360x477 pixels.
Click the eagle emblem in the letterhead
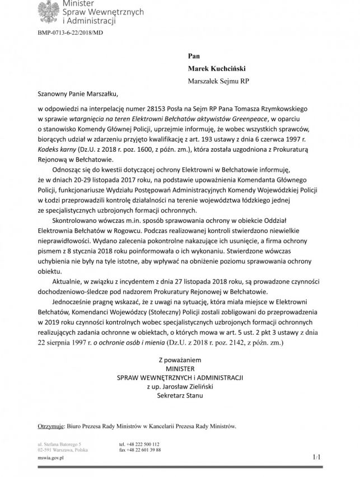(48, 11)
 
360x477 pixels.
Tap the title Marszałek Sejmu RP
(218, 81)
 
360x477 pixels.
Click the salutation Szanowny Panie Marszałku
(78, 95)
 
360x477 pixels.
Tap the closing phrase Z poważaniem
(179, 358)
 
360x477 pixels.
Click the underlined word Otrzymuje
(50, 426)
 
